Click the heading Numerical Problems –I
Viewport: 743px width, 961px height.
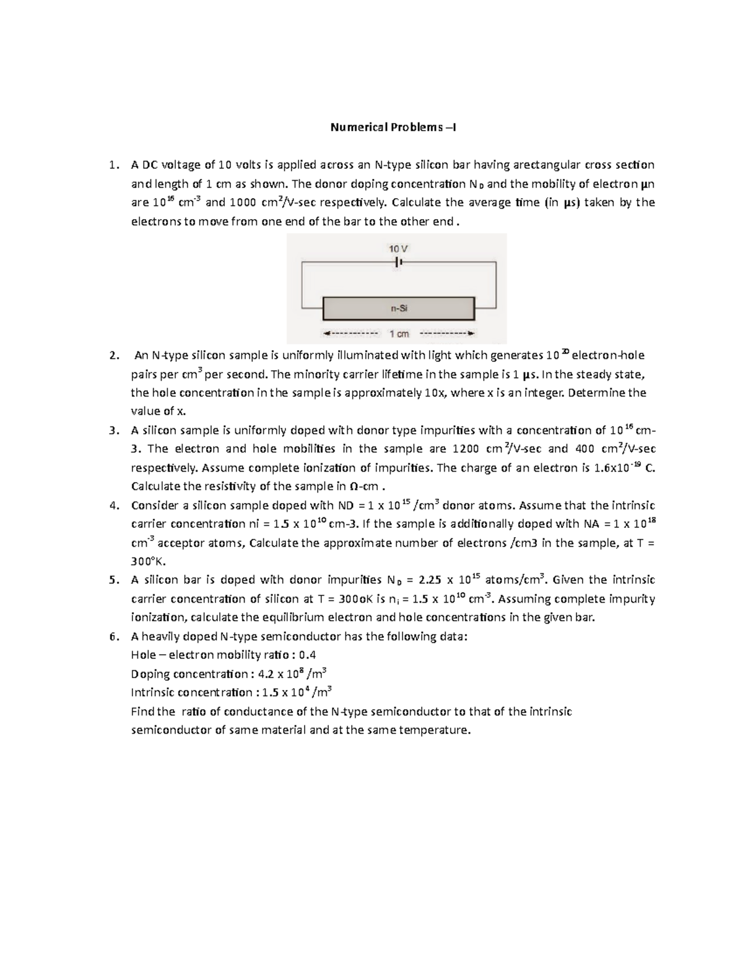393,127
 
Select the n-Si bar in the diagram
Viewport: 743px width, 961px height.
398,308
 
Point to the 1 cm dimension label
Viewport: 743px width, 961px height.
399,334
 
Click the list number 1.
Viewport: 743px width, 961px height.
111,165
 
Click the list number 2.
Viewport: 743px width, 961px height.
111,356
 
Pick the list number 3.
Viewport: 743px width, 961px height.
111,431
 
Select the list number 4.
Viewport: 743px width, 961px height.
111,506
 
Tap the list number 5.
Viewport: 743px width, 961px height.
111,580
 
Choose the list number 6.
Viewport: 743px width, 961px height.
111,637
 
